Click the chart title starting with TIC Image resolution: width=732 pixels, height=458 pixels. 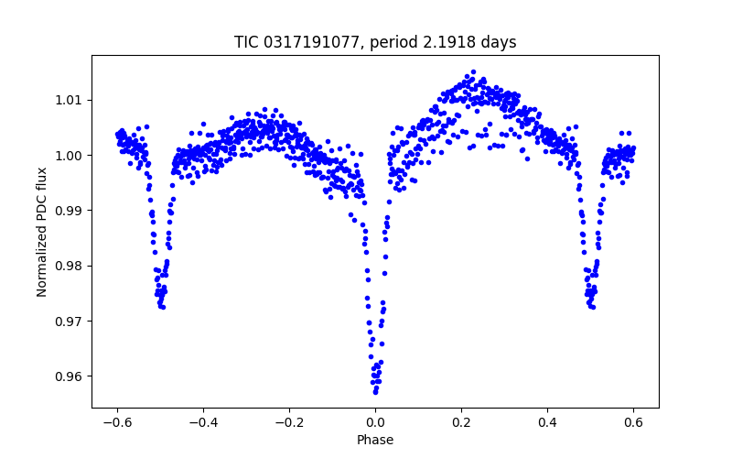click(375, 42)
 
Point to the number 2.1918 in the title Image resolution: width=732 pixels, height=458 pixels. click(450, 42)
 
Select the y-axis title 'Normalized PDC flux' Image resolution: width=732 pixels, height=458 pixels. click(42, 232)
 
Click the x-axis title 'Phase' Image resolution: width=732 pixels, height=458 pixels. click(375, 441)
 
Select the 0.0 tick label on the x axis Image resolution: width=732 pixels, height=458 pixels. click(375, 422)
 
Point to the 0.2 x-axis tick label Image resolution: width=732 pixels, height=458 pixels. click(461, 422)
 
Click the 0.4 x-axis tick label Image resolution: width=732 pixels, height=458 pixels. click(547, 422)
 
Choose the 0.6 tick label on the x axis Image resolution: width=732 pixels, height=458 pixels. click(633, 422)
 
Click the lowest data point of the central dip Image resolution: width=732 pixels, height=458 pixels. click(375, 393)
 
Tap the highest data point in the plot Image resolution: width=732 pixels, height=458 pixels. click(473, 71)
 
